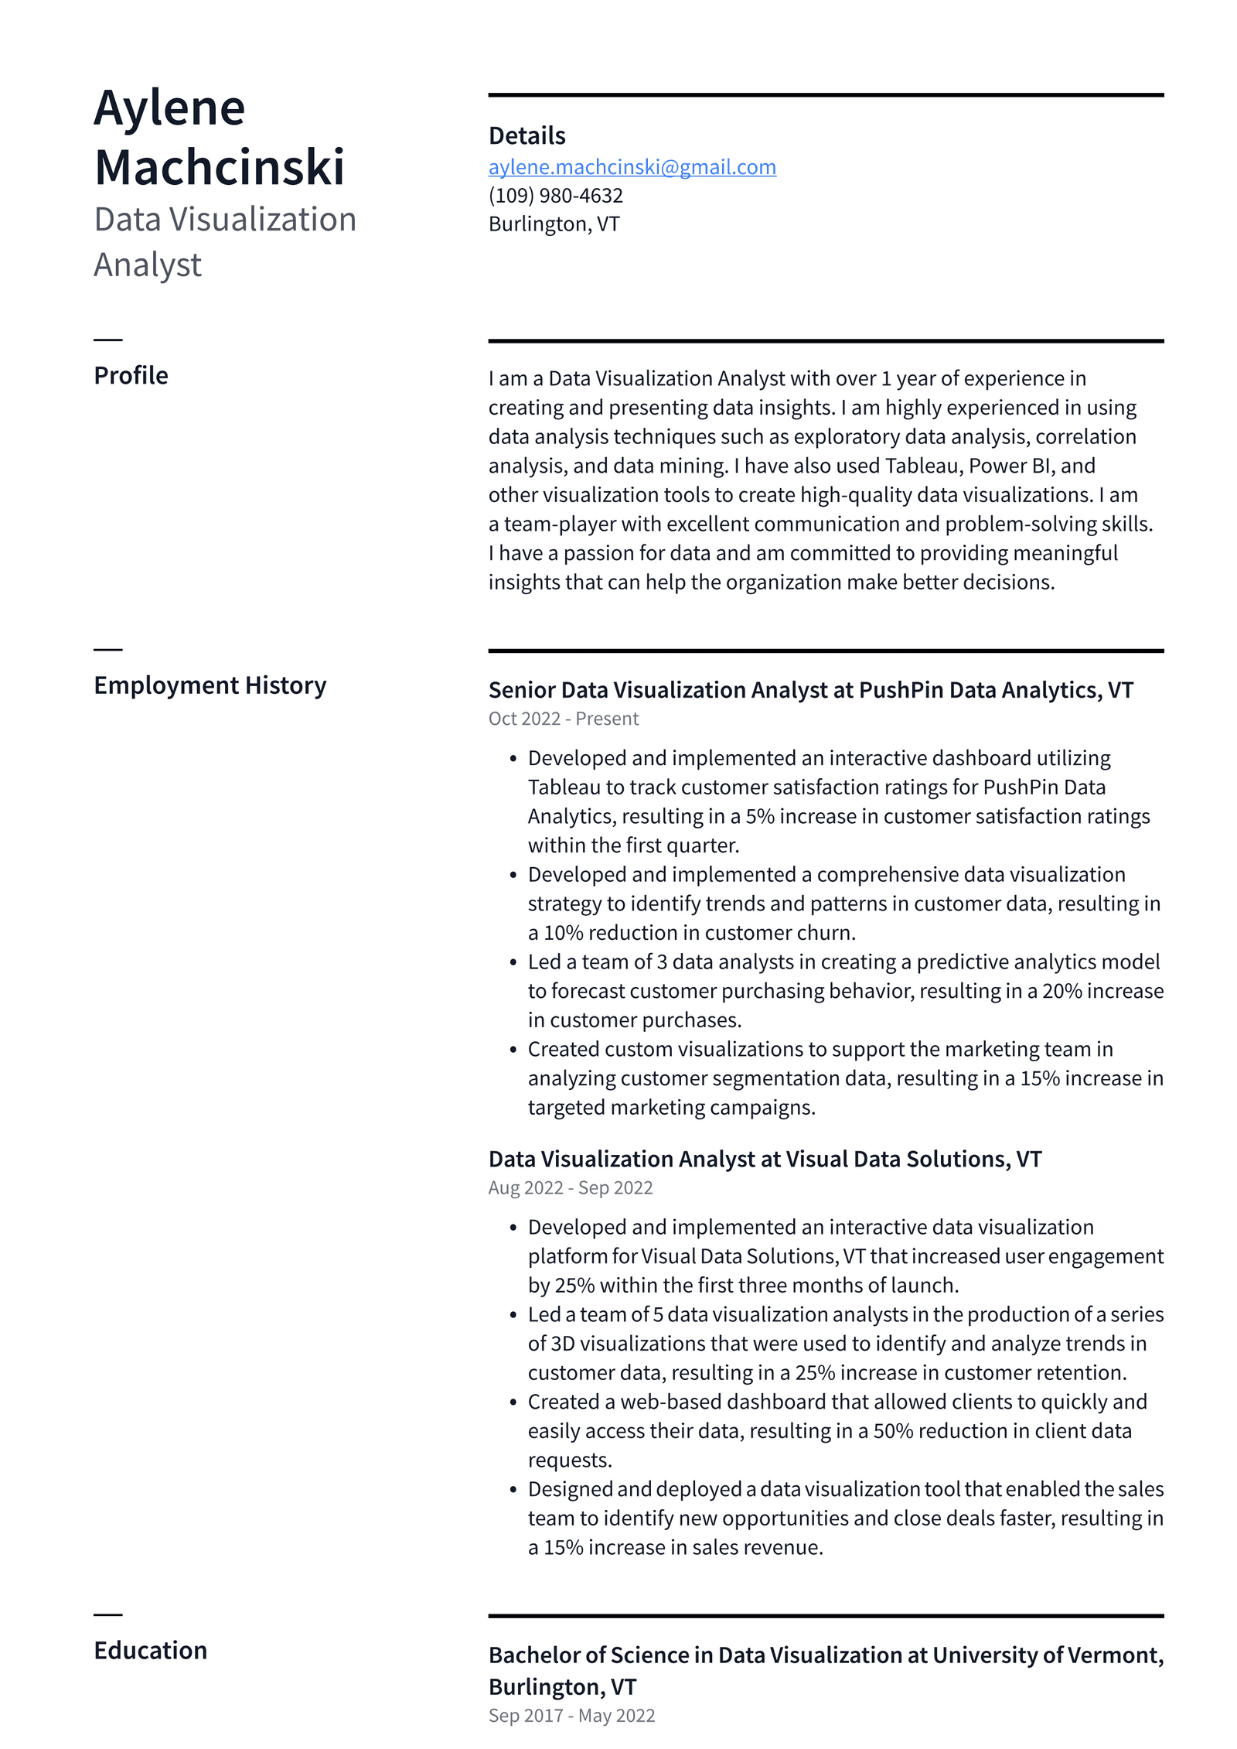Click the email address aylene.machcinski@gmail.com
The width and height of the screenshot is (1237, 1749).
632,167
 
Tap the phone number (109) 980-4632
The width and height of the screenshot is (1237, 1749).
555,196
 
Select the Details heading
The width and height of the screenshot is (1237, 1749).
526,135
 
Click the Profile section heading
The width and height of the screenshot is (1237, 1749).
131,375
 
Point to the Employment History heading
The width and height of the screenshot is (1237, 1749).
210,685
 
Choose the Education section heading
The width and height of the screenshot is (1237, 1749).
150,1650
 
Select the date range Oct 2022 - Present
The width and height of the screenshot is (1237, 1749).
563,719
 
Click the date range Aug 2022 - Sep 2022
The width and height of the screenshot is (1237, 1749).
570,1187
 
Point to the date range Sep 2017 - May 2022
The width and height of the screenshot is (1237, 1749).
571,1716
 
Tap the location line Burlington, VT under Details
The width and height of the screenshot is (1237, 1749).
554,224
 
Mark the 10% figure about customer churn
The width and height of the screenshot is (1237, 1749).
563,933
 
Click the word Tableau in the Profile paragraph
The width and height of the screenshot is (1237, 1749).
923,466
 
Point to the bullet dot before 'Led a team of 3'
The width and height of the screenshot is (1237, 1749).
513,962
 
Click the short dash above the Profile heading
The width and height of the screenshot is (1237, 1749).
108,340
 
